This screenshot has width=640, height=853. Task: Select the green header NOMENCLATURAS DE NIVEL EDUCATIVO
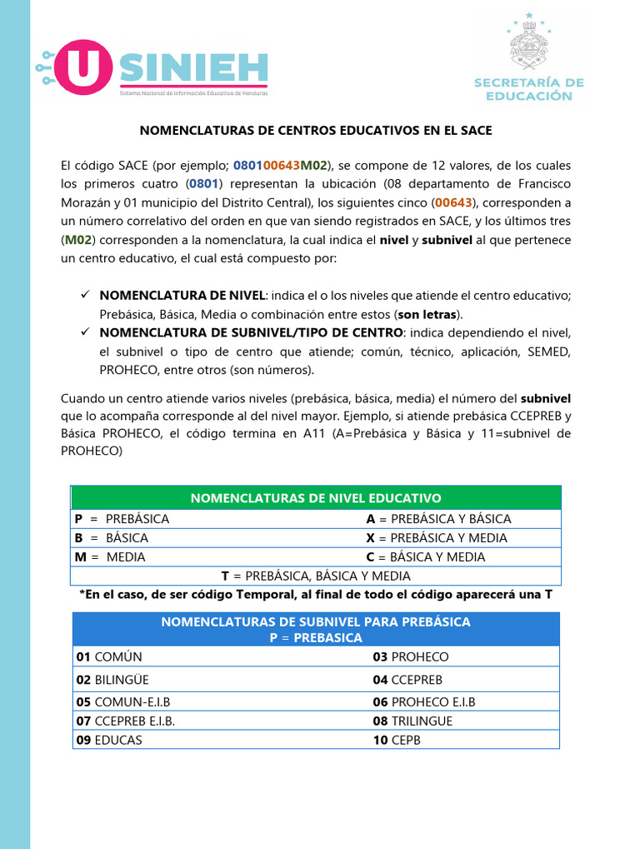(x=317, y=498)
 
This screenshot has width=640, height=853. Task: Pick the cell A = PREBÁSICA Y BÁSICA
(x=438, y=519)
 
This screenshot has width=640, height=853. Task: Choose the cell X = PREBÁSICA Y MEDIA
(x=437, y=538)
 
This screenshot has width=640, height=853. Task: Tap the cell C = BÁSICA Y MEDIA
(x=425, y=557)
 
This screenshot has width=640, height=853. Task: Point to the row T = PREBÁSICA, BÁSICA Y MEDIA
(x=316, y=576)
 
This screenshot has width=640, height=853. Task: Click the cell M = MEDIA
(x=110, y=557)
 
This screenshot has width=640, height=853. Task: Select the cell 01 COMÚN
(x=109, y=657)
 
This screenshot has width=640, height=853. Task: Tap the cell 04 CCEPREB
(x=407, y=680)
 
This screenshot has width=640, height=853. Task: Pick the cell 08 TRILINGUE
(x=412, y=721)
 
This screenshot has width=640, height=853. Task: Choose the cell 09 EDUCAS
(x=109, y=740)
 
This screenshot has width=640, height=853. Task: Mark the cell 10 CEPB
(x=397, y=740)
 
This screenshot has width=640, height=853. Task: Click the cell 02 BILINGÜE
(x=112, y=680)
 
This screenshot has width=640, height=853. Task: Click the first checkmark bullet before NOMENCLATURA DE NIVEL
(x=84, y=296)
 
